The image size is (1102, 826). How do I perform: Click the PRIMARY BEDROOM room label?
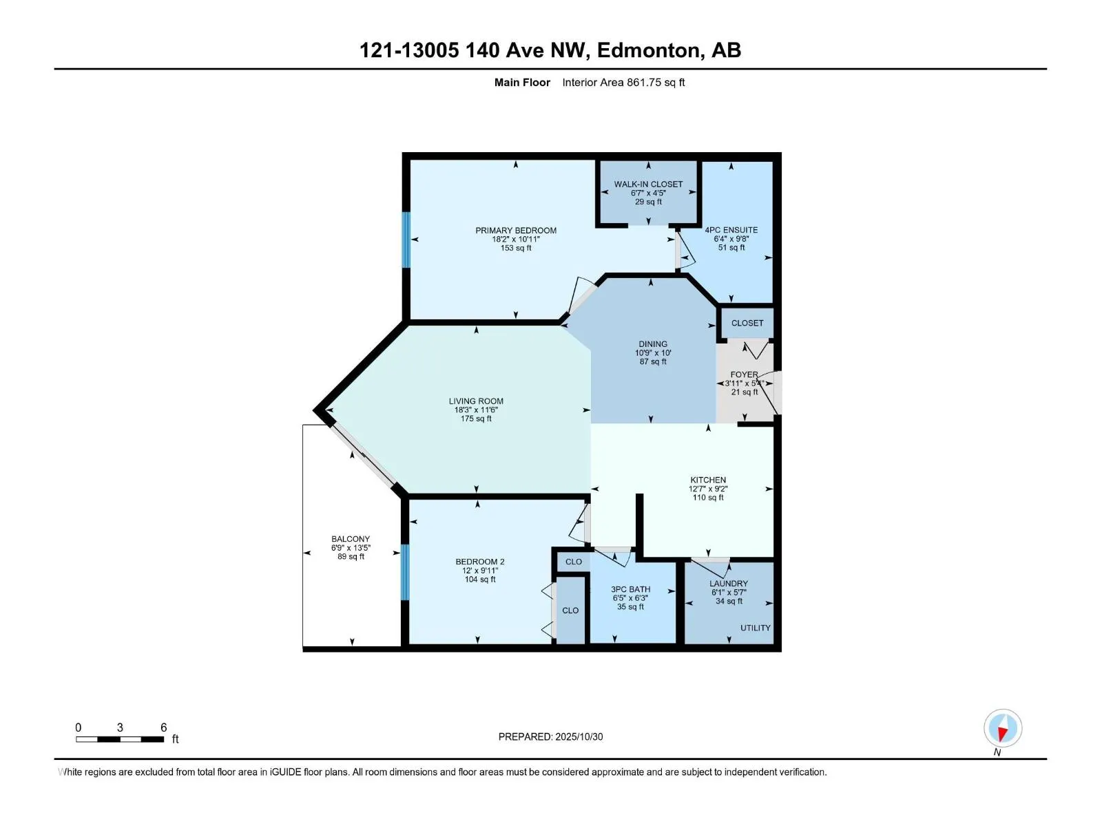pyautogui.click(x=516, y=231)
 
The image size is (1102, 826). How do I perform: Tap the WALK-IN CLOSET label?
pyautogui.click(x=648, y=184)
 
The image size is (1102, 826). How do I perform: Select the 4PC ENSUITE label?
pyautogui.click(x=731, y=230)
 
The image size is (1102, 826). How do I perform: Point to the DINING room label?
pyautogui.click(x=652, y=343)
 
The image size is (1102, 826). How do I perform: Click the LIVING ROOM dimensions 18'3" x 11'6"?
pyautogui.click(x=476, y=410)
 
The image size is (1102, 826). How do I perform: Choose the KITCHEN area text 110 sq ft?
pyautogui.click(x=708, y=497)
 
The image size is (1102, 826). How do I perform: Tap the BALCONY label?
pyautogui.click(x=351, y=539)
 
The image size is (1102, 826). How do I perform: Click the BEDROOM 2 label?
pyautogui.click(x=480, y=562)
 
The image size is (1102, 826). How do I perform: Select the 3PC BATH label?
pyautogui.click(x=630, y=589)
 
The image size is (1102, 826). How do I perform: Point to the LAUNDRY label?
pyautogui.click(x=729, y=583)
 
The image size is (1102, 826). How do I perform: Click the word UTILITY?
pyautogui.click(x=755, y=628)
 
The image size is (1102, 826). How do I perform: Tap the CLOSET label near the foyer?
pyautogui.click(x=747, y=323)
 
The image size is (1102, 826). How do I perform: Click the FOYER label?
pyautogui.click(x=744, y=374)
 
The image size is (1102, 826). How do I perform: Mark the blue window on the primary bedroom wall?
pyautogui.click(x=406, y=240)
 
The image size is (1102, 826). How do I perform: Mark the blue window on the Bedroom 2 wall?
pyautogui.click(x=405, y=571)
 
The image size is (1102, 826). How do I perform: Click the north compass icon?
pyautogui.click(x=1002, y=728)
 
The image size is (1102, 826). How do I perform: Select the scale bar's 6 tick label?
pyautogui.click(x=163, y=728)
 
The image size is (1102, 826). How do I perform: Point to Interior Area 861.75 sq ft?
pyautogui.click(x=623, y=83)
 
